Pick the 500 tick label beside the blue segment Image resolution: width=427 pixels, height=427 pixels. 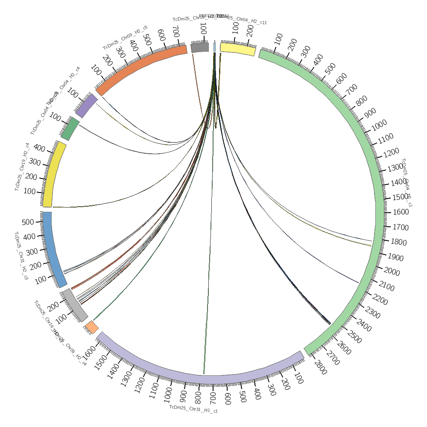[28, 222]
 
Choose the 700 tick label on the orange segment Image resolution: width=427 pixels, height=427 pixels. [175, 31]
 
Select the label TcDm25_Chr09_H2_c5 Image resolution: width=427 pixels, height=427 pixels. [125, 38]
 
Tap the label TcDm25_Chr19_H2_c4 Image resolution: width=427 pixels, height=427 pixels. [22, 167]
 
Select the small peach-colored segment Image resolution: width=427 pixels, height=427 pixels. [92, 328]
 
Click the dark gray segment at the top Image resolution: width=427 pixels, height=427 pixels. [200, 47]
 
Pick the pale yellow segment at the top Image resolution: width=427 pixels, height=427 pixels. [238, 50]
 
